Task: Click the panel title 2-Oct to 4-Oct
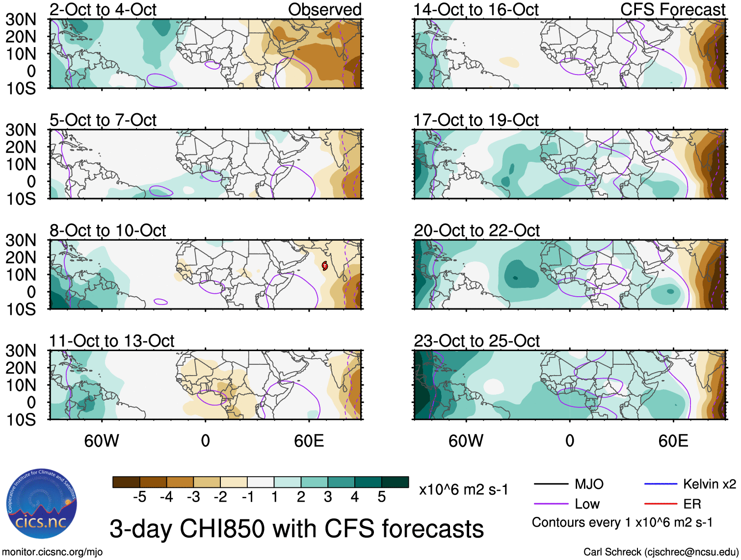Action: [103, 9]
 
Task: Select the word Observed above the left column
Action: [324, 9]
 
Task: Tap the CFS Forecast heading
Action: [672, 9]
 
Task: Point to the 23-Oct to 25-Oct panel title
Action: [476, 341]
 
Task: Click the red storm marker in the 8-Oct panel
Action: [325, 266]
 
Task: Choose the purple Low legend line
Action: [551, 504]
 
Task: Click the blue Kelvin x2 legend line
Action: [661, 484]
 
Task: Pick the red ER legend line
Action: [661, 504]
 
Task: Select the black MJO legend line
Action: [551, 484]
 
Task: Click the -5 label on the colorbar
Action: [139, 497]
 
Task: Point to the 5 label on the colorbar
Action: [381, 497]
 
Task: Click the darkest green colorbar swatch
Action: [395, 482]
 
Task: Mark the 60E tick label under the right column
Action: [673, 441]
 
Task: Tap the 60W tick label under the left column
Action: [102, 441]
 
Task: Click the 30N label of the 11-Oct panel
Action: [21, 351]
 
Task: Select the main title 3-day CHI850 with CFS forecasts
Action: [296, 529]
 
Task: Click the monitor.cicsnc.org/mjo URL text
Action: [53, 552]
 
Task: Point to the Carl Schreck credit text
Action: [661, 552]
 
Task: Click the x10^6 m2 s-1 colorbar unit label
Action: [463, 489]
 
